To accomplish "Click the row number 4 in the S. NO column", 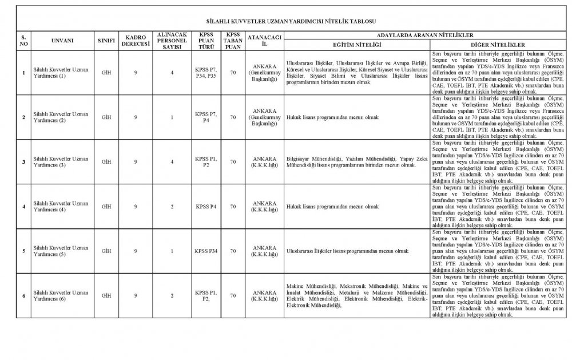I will (23, 207).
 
